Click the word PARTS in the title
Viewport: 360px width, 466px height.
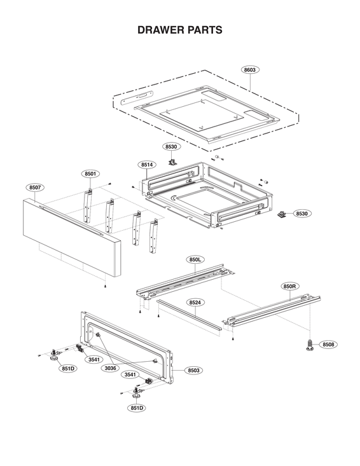[204, 30]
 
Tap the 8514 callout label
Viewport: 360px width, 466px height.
[147, 165]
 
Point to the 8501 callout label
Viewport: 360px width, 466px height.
[90, 174]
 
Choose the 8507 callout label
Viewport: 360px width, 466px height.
[36, 188]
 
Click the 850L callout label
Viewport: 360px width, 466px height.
[195, 259]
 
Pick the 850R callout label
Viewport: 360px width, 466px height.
[289, 286]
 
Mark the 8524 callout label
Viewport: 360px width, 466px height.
[195, 303]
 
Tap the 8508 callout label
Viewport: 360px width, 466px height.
[328, 344]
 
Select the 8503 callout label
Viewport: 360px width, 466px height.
[193, 370]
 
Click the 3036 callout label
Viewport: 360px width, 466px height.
[111, 368]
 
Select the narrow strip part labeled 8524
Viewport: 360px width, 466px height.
[190, 315]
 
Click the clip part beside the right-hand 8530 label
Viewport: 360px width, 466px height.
[280, 213]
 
